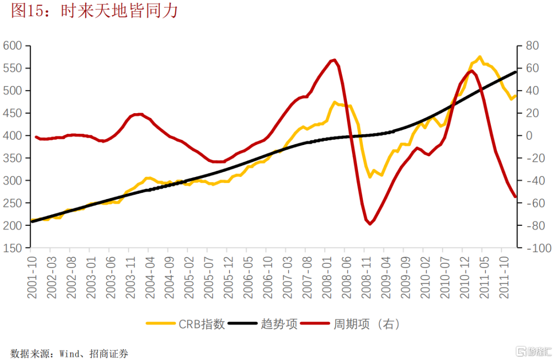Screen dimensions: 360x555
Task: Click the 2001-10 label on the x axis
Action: coord(31,278)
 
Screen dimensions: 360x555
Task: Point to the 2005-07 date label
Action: coord(208,278)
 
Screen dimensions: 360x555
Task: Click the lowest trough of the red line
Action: coord(369,224)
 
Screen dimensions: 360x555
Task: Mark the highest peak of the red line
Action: coord(335,60)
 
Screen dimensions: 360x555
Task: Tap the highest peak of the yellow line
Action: coord(479,57)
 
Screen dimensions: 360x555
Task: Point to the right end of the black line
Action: coord(516,72)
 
